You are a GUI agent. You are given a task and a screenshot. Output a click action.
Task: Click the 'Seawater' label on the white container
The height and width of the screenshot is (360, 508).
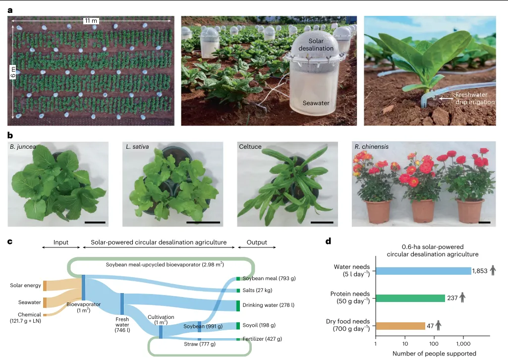(x=316, y=103)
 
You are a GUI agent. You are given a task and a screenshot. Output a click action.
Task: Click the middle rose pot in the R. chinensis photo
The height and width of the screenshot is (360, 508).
(x=409, y=210)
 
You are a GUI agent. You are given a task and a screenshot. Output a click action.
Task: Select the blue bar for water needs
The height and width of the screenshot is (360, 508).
(x=424, y=271)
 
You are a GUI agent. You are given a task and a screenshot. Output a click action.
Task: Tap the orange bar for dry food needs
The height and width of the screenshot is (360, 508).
(x=400, y=326)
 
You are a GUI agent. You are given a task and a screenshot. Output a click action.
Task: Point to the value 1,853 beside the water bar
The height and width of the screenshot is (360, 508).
(x=481, y=271)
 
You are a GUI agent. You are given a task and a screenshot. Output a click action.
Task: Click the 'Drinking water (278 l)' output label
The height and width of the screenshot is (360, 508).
(x=270, y=304)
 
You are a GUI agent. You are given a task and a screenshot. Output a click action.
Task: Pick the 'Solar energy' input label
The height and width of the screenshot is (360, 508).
(x=25, y=285)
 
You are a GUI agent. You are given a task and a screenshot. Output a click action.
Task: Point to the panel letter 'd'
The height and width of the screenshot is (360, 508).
(x=328, y=242)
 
